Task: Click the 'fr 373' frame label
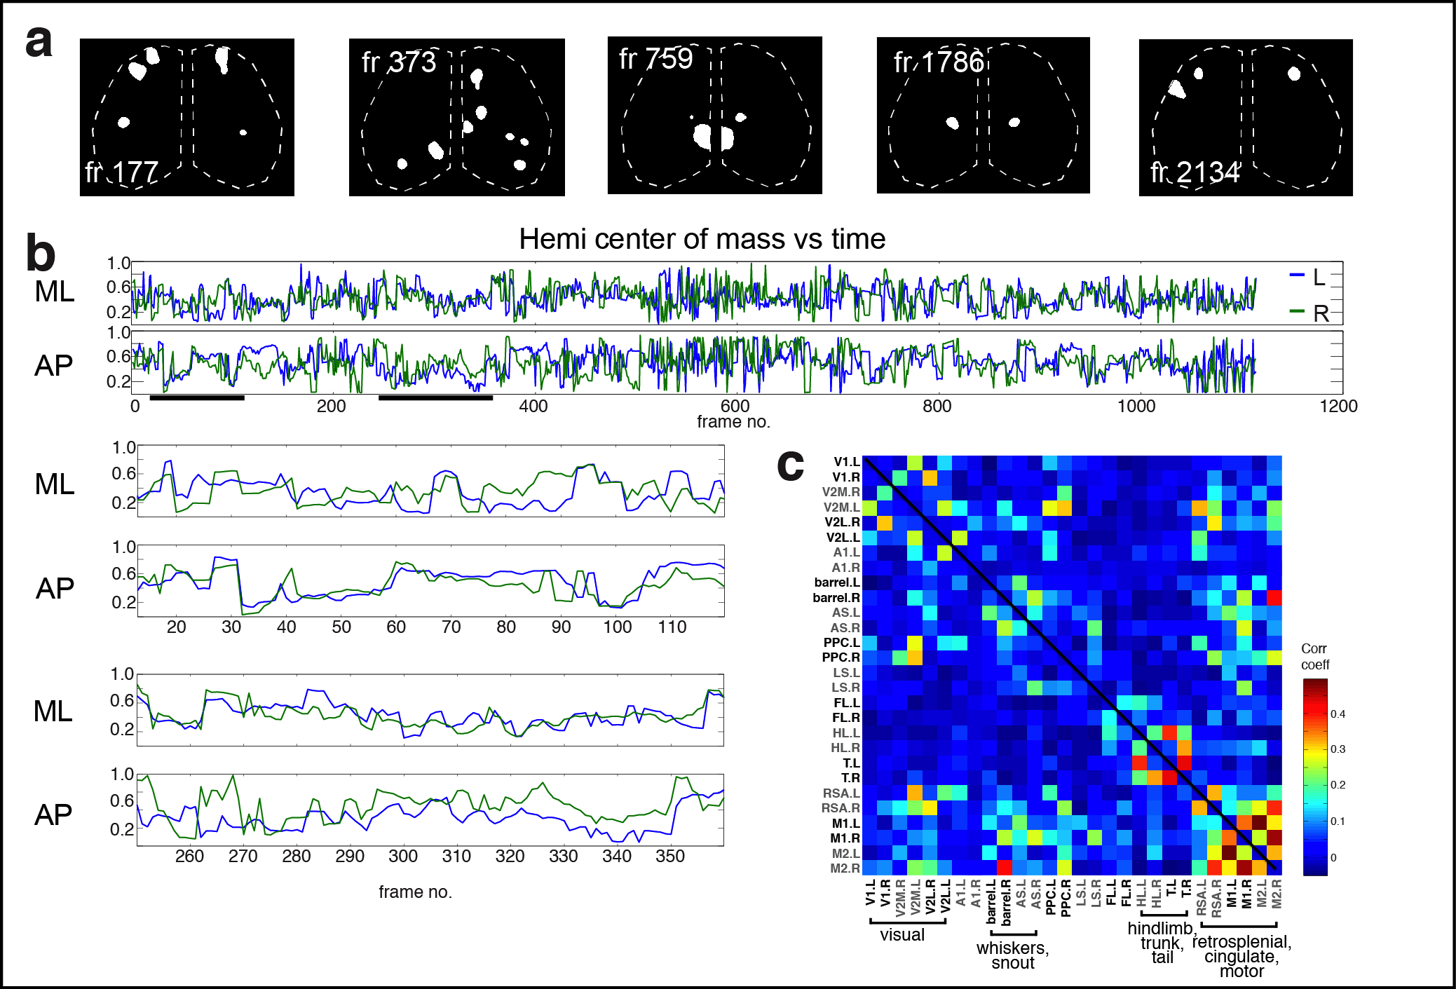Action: [399, 62]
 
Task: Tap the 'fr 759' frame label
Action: [655, 59]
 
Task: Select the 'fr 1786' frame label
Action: [939, 62]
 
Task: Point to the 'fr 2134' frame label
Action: [1195, 172]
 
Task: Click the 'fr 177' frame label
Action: [121, 172]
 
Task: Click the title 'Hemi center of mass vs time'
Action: [702, 239]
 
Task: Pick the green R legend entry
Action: [1309, 313]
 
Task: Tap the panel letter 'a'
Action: [39, 41]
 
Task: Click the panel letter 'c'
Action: [790, 464]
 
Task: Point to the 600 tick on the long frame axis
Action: [735, 406]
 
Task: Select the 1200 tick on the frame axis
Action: [1338, 406]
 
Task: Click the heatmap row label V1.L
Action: [846, 462]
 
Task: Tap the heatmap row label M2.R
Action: [845, 868]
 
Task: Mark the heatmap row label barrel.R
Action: [836, 598]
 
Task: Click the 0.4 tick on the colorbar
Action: [1338, 714]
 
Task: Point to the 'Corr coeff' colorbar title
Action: [1314, 657]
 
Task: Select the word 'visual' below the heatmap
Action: [902, 935]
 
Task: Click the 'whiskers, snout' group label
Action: [1012, 955]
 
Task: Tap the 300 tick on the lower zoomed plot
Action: [403, 857]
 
